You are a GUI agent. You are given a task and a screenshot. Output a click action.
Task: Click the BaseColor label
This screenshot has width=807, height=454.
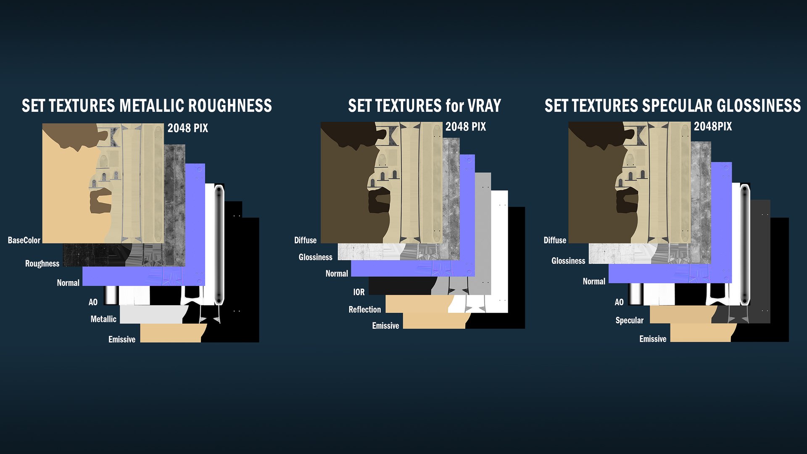click(x=24, y=240)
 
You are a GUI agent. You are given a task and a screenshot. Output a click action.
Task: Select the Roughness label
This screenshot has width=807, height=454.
click(x=42, y=264)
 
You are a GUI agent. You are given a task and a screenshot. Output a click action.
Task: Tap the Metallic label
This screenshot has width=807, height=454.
click(x=103, y=319)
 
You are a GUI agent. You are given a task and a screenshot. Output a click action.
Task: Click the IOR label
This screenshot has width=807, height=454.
click(x=359, y=292)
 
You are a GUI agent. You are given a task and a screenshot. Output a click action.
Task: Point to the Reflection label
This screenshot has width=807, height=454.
click(x=365, y=310)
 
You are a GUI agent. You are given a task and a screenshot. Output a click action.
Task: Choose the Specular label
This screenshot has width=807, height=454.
click(x=629, y=321)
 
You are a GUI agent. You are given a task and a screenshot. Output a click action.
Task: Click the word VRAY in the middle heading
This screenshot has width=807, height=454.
click(x=484, y=106)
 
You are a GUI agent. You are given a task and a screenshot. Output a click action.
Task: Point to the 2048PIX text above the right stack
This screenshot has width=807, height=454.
click(x=713, y=127)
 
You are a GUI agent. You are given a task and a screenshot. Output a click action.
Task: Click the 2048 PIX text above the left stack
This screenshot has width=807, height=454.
click(x=188, y=128)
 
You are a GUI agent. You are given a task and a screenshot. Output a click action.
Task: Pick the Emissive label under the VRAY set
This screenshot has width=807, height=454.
click(x=385, y=326)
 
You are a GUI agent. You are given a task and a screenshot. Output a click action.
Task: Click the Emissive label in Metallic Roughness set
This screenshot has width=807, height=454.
click(x=122, y=340)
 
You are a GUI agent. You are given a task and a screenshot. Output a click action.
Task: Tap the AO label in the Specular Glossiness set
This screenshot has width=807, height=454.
click(x=619, y=302)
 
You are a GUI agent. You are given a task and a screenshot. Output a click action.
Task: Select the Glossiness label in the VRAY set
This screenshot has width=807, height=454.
click(x=315, y=257)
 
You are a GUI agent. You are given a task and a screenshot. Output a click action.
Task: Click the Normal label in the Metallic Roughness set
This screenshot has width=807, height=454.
click(x=68, y=283)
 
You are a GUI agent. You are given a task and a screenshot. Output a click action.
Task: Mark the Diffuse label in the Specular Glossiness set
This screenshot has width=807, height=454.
click(x=555, y=240)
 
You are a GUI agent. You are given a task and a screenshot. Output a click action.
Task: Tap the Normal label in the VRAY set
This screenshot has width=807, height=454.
click(x=337, y=274)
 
